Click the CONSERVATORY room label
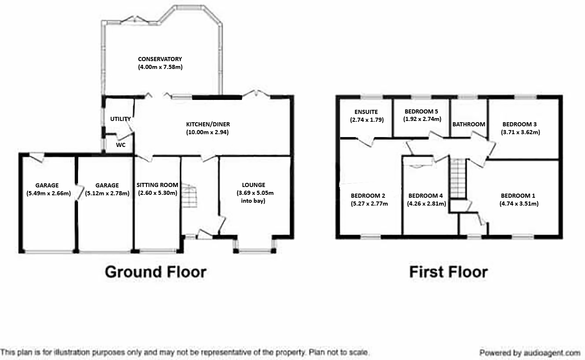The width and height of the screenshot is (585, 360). [160, 59]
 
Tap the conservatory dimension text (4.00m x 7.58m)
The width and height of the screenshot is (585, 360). [160, 67]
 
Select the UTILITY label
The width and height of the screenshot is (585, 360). [121, 119]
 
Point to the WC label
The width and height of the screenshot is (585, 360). [121, 145]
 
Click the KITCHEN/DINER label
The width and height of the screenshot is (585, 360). [208, 124]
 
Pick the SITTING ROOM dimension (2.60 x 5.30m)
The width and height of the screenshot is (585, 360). [157, 193]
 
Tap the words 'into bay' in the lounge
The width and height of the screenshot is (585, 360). [253, 201]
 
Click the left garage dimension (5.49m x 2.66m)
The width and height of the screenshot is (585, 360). [49, 194]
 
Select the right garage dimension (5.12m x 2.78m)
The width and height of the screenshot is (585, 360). [107, 194]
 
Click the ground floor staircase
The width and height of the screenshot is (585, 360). [189, 196]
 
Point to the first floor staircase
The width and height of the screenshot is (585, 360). [457, 178]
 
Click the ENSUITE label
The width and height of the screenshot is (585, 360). [366, 112]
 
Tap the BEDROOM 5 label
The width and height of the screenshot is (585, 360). [421, 111]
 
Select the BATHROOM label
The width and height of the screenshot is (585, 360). [469, 124]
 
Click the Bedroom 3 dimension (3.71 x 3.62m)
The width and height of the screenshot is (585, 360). [521, 132]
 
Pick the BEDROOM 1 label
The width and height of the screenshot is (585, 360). [518, 196]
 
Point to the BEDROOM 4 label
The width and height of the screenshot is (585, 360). [426, 196]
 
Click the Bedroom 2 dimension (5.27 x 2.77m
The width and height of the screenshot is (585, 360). [369, 204]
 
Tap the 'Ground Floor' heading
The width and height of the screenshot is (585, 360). [156, 272]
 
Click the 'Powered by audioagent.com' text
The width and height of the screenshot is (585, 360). [530, 353]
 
